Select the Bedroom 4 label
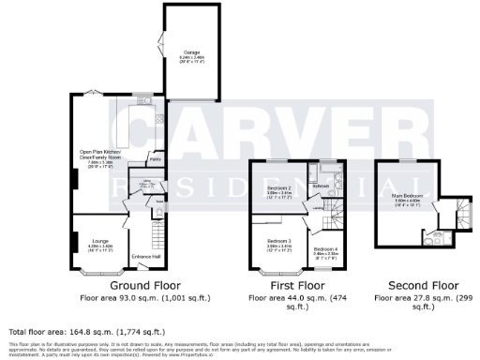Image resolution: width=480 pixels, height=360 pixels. tap(325, 248)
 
